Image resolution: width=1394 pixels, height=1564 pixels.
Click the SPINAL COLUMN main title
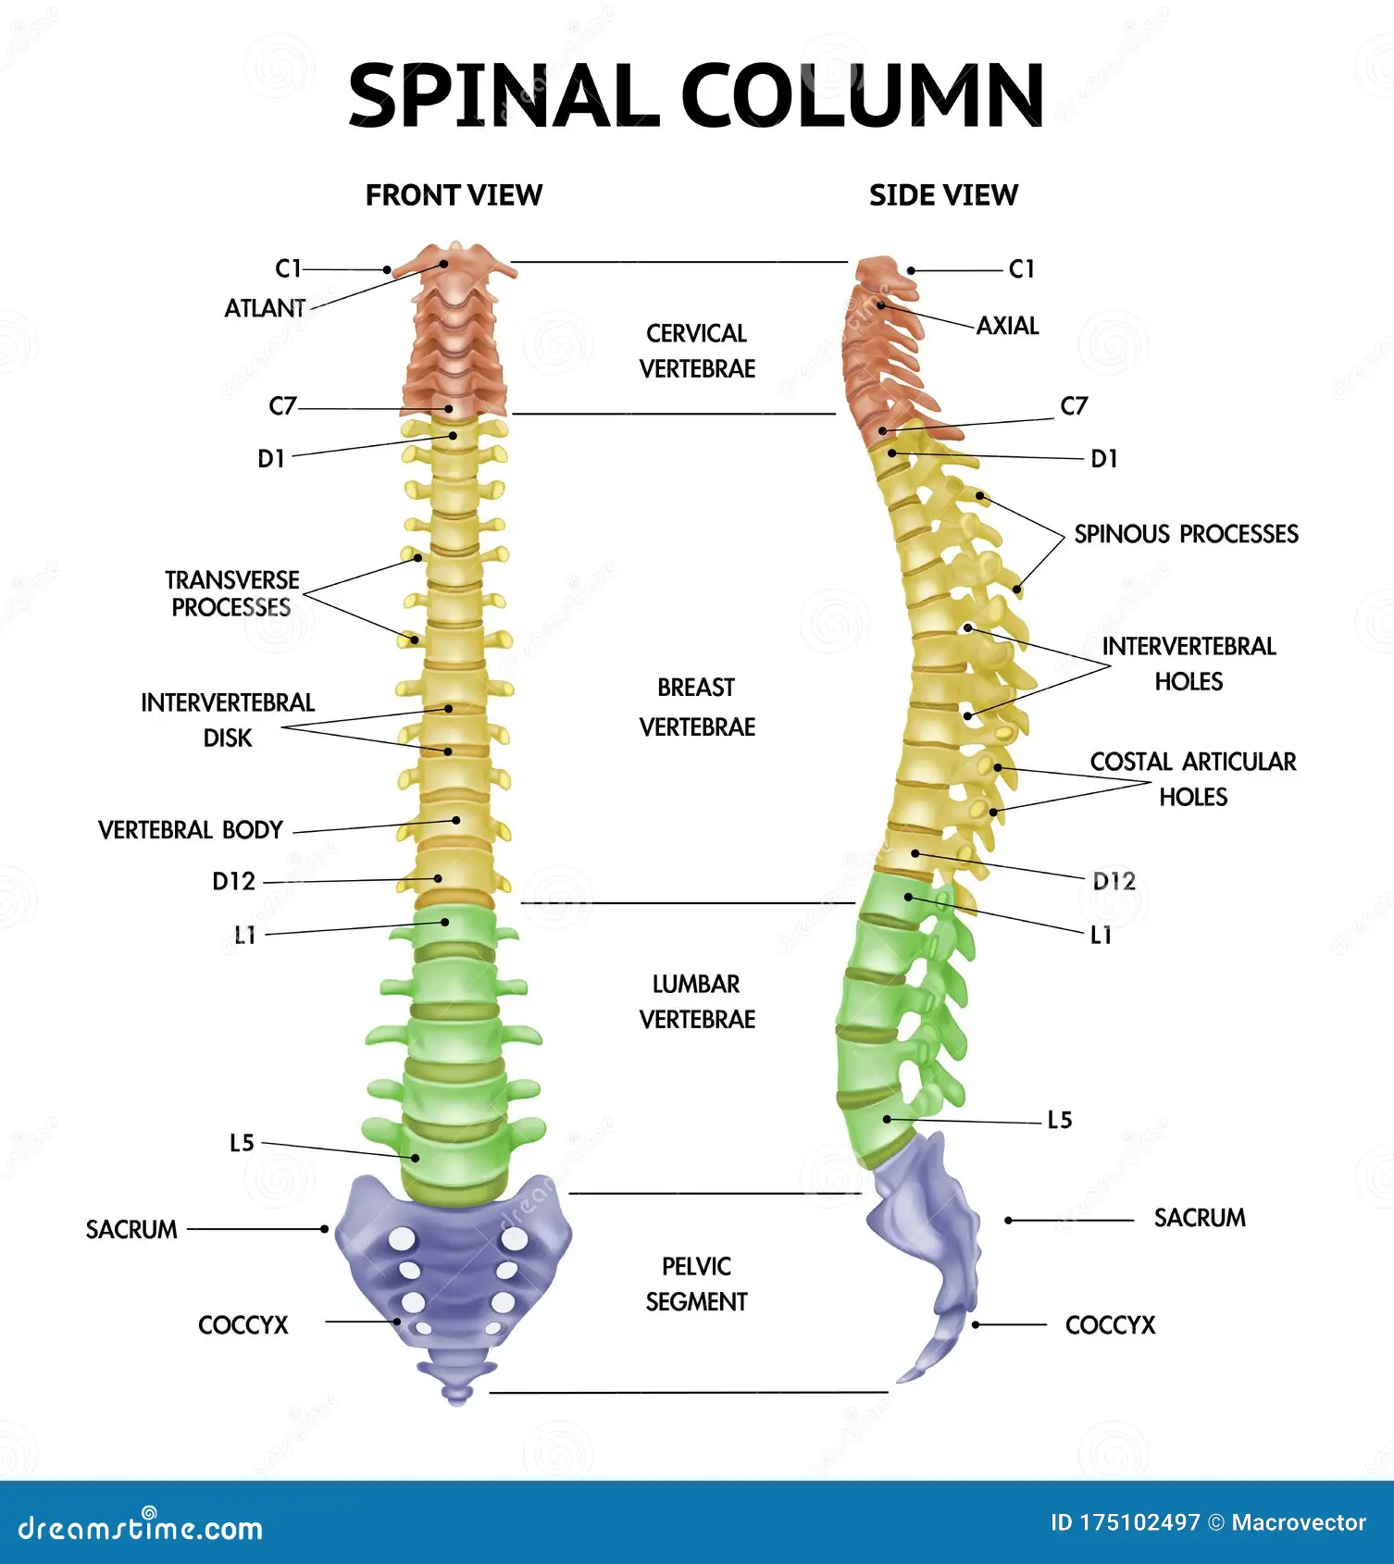696,96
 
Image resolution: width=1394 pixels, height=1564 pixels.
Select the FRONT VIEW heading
454,195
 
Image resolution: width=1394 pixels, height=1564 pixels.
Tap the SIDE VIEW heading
943,195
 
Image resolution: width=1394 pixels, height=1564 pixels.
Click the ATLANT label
265,308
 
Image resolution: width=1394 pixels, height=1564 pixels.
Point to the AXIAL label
1008,326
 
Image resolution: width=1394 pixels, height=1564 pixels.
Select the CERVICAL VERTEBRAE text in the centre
697,351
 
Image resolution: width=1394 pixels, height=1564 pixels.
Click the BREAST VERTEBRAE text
697,707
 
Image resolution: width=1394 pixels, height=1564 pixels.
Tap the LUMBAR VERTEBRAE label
697,1001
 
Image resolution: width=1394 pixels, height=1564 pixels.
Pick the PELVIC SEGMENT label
697,1284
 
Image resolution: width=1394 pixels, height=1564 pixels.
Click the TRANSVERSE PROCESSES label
231,593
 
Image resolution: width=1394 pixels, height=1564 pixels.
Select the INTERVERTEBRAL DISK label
228,720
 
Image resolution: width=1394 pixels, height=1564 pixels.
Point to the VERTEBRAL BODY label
191,830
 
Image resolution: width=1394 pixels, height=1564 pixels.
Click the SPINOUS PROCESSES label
1186,534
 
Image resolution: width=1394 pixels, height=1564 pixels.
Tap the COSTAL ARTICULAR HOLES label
1192,778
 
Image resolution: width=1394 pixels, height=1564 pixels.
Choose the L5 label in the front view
242,1143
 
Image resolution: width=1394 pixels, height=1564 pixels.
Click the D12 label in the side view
1114,881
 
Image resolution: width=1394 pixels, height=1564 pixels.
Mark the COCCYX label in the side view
1110,1325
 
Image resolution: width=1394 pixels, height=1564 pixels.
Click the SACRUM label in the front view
131,1230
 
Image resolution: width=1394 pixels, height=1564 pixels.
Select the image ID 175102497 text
1125,1522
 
